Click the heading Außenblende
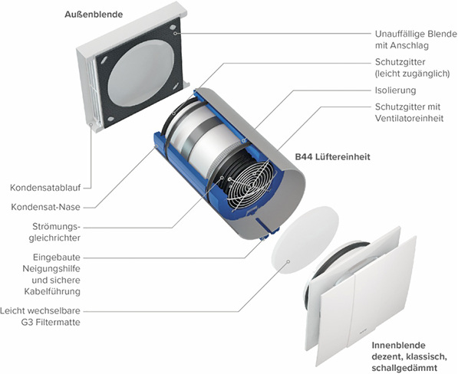pyautogui.click(x=94, y=15)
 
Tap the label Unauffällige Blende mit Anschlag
pyautogui.click(x=416, y=40)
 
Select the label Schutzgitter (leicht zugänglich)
pyautogui.click(x=412, y=67)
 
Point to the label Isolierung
pyautogui.click(x=395, y=90)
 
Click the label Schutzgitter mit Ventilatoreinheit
pyautogui.click(x=409, y=113)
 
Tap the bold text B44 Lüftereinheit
pyautogui.click(x=332, y=156)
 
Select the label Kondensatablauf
pyautogui.click(x=45, y=188)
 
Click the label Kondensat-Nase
pyautogui.click(x=45, y=207)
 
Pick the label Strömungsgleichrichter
pyautogui.click(x=54, y=232)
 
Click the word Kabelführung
pyautogui.click(x=52, y=291)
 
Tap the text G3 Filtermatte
pyautogui.click(x=51, y=323)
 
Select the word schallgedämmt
pyautogui.click(x=404, y=368)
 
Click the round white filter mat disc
pyautogui.click(x=305, y=240)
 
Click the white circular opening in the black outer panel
pyautogui.click(x=141, y=73)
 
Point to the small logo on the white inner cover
pyautogui.click(x=364, y=331)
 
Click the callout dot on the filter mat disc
pyautogui.click(x=288, y=261)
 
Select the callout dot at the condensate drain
pyautogui.click(x=91, y=124)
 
